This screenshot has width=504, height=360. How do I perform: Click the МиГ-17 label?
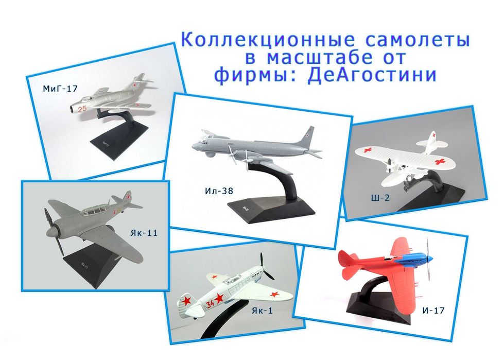(60, 89)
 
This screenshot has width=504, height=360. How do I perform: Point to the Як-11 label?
(144, 233)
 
